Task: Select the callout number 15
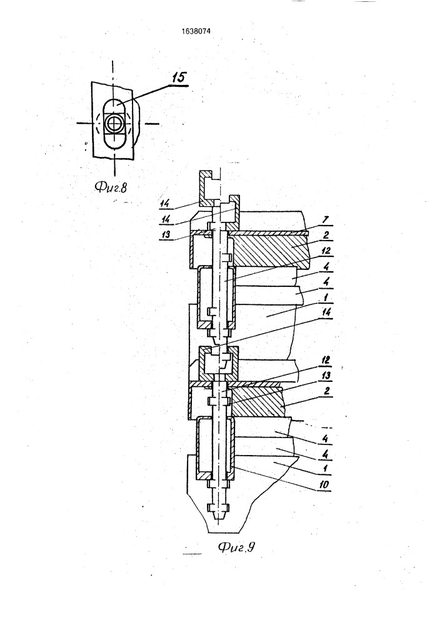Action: [x=179, y=77]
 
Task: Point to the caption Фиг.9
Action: [x=236, y=547]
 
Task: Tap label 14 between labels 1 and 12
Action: [x=326, y=312]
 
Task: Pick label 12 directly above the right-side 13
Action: [x=326, y=361]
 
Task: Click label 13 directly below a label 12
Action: [x=326, y=376]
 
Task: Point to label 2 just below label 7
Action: [x=326, y=235]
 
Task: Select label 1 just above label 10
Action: [x=326, y=469]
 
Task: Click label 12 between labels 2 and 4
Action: [x=326, y=251]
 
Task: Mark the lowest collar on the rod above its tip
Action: [x=218, y=508]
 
